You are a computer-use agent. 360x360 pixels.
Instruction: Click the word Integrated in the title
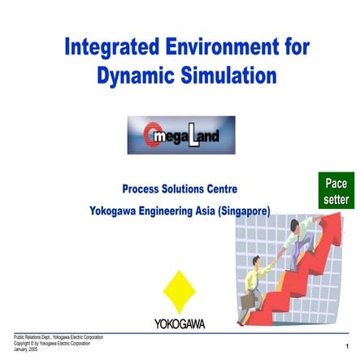point(115,46)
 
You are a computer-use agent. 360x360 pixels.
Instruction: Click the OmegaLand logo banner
point(180,135)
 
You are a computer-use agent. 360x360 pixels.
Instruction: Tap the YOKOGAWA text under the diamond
point(180,323)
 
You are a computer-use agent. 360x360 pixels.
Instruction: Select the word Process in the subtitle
point(143,189)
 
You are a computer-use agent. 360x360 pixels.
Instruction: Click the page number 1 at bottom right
point(347,347)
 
